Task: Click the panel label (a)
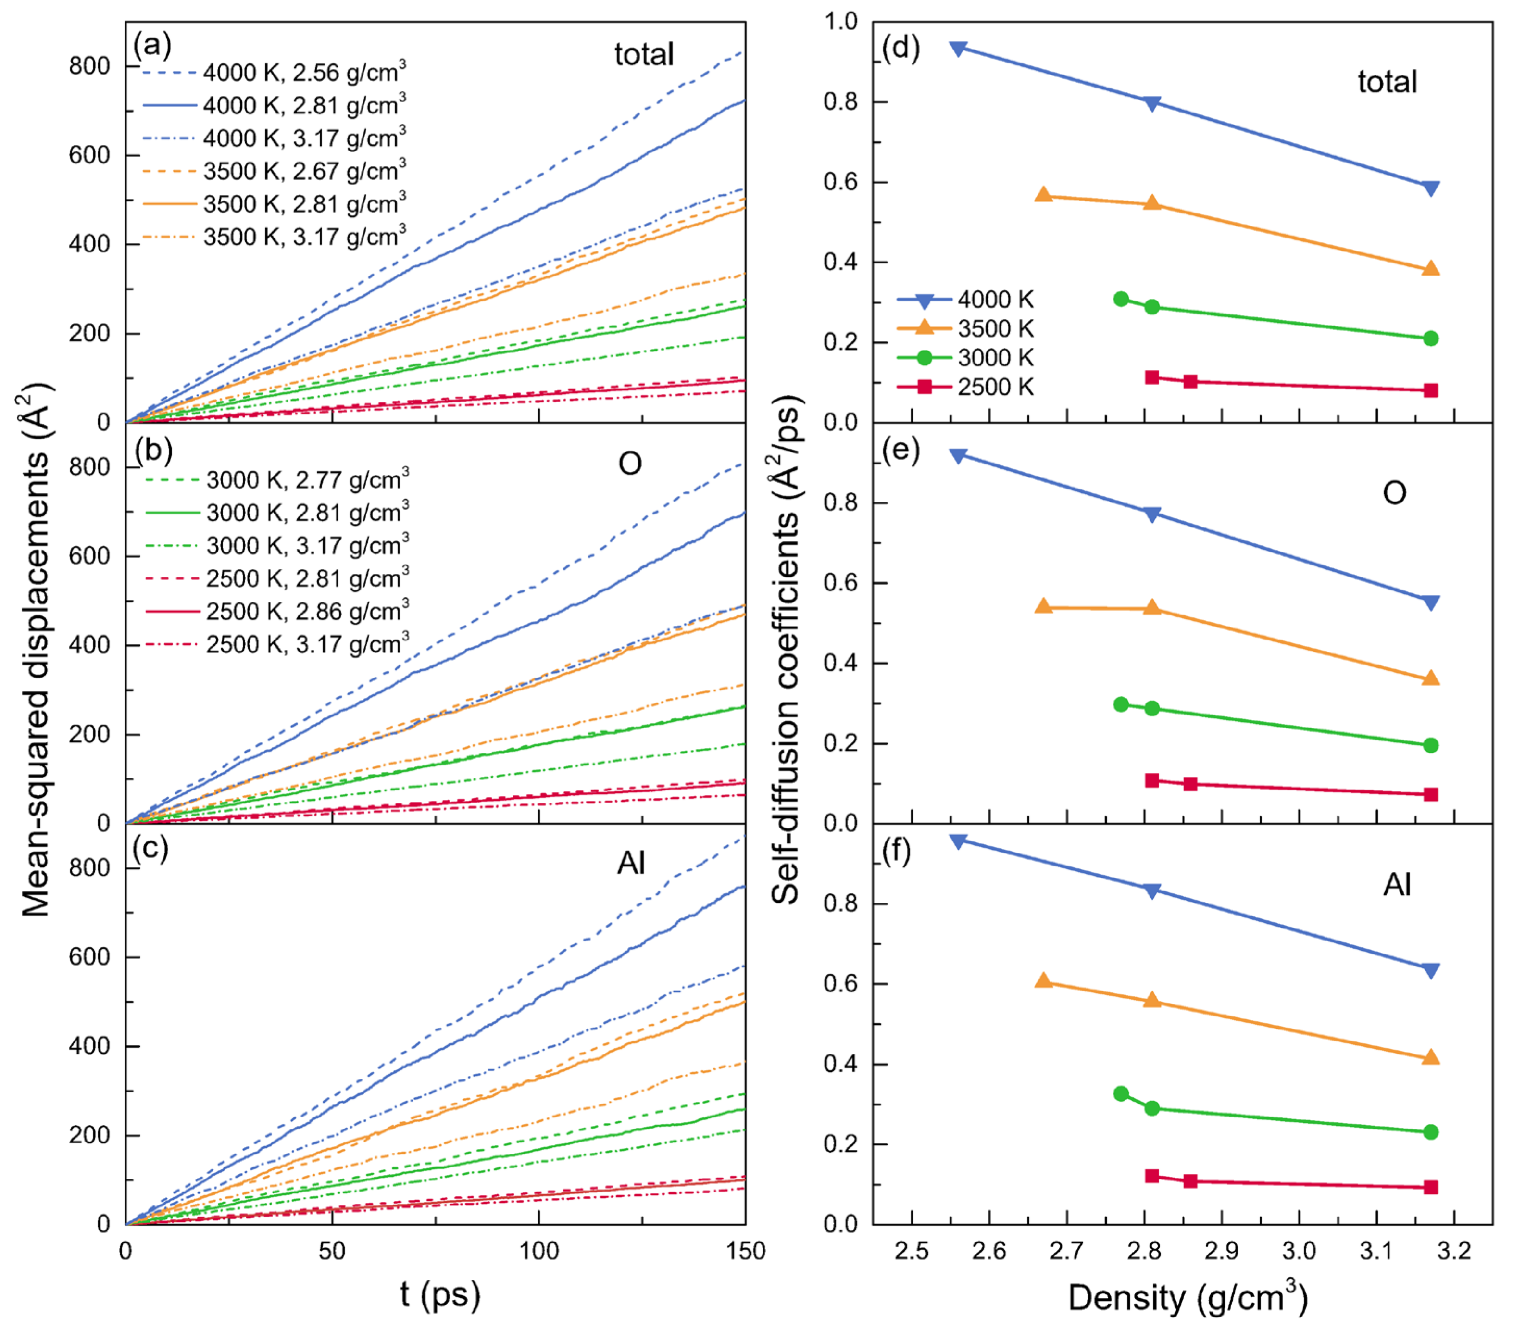tap(152, 46)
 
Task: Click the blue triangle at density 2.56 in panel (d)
tap(959, 49)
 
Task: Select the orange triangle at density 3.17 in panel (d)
tap(1431, 269)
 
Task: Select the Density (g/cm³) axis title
tap(1188, 1297)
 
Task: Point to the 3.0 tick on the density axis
tap(1299, 1251)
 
